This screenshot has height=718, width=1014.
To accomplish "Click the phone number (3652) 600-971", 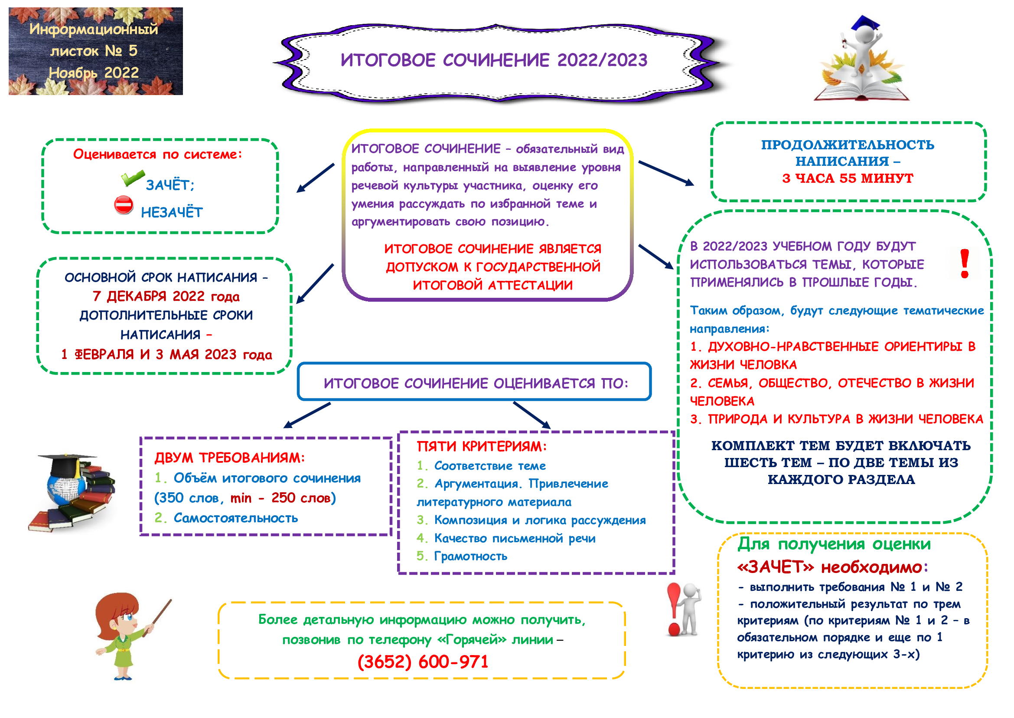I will click(423, 662).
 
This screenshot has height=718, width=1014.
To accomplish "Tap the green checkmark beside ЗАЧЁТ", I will click(132, 178).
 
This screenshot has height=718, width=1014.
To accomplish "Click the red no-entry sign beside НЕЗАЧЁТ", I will click(124, 206).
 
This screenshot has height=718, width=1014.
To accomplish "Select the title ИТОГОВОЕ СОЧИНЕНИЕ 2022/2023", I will click(494, 60).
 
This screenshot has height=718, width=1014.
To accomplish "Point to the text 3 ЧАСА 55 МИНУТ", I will click(847, 178).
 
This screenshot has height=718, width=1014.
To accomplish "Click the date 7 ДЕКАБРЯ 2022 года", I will click(166, 296).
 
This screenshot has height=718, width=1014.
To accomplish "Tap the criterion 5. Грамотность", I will click(462, 556).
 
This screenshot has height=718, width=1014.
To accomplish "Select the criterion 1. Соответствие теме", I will click(481, 465).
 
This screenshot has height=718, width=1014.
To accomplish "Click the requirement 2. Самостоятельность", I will click(226, 518).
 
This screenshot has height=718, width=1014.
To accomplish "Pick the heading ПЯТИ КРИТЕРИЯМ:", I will click(481, 447).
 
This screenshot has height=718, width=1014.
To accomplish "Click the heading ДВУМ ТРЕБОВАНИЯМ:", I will click(230, 458).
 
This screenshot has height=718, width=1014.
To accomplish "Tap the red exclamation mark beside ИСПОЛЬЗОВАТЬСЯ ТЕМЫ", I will click(965, 263).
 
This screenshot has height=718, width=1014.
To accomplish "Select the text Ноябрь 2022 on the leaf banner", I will click(94, 72).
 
